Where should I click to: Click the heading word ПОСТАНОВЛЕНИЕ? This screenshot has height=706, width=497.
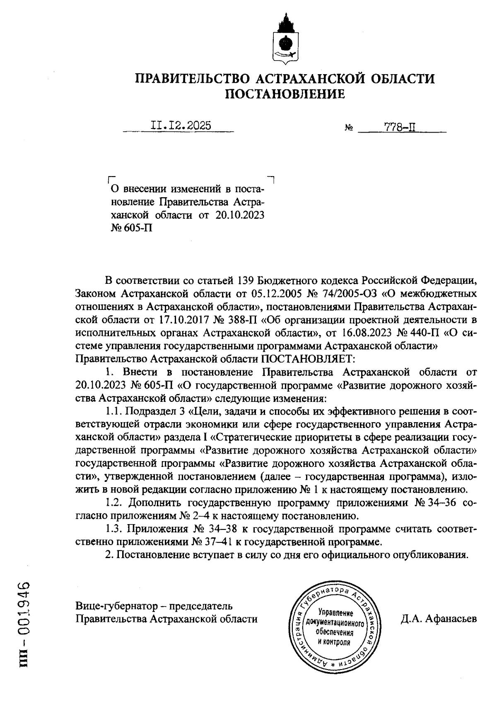point(285,94)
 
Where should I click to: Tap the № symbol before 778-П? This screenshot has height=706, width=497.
point(348,128)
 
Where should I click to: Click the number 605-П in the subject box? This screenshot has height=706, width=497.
point(137,228)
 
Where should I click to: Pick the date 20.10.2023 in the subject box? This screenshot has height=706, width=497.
point(239,215)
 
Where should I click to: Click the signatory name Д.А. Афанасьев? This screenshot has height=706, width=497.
point(438,619)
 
